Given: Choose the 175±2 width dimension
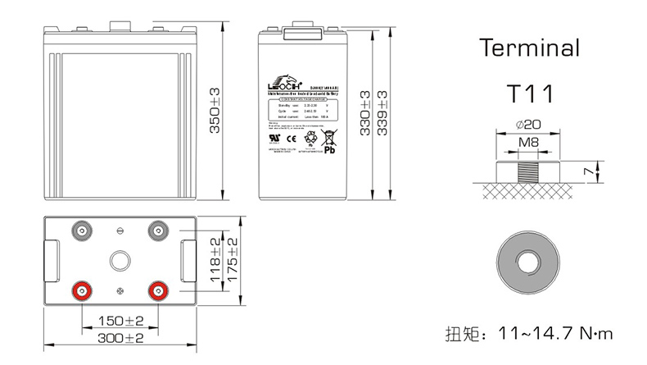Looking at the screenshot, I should [233, 261].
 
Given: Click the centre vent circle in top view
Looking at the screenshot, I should [120, 261].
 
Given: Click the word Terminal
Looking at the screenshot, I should [529, 47].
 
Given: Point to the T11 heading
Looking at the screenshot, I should [529, 93].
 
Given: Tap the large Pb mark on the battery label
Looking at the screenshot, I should [331, 151].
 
